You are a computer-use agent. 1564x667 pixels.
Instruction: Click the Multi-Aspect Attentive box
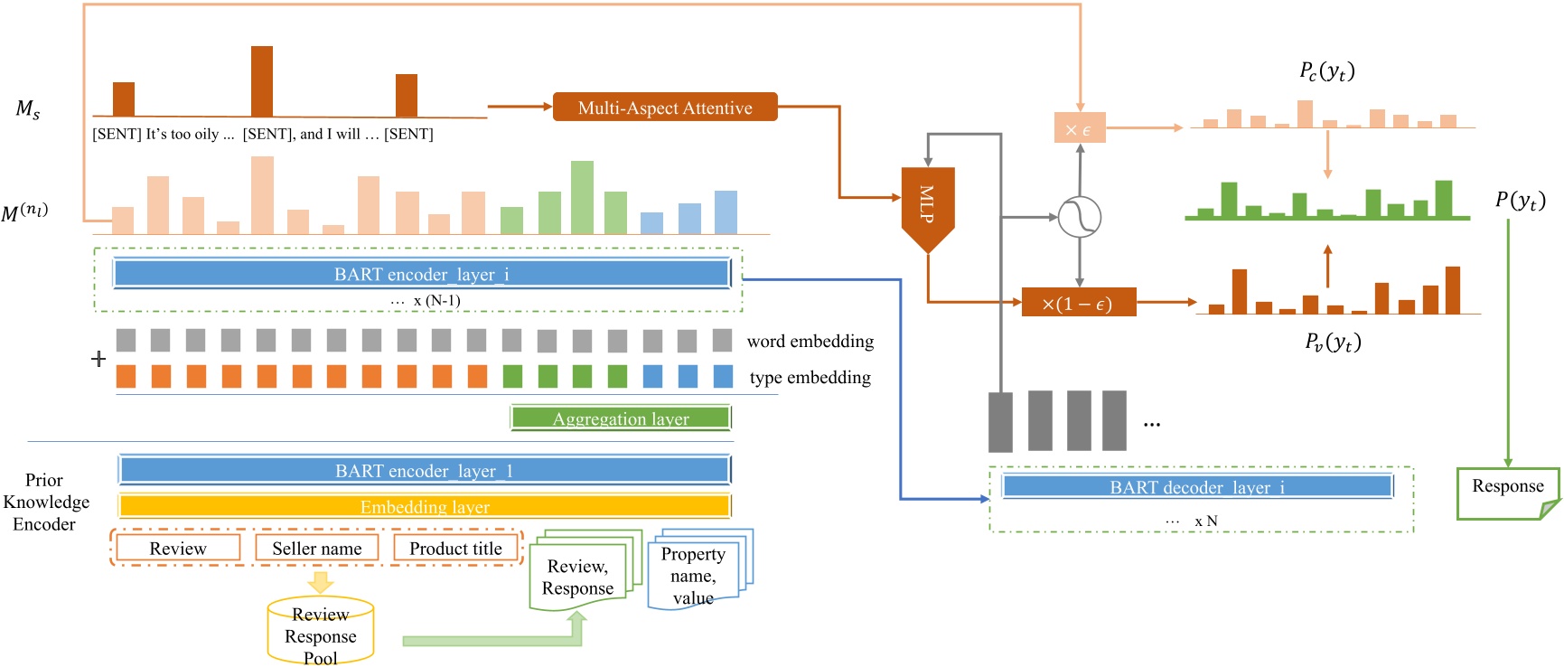point(664,108)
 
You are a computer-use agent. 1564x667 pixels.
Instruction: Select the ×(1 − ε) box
point(1078,303)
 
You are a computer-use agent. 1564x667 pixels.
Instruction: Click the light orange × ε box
point(1079,128)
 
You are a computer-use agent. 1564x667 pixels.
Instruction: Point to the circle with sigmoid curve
point(1079,217)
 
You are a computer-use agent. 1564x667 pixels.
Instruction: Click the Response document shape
point(1507,491)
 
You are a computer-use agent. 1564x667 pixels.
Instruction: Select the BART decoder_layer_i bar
point(1196,487)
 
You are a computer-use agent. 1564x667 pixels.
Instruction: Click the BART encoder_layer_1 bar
point(424,470)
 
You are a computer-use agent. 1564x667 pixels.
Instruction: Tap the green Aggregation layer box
point(620,418)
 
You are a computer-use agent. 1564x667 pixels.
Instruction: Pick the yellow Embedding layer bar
point(424,506)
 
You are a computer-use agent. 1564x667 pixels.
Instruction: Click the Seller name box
point(316,549)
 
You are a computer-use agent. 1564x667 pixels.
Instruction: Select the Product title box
point(455,549)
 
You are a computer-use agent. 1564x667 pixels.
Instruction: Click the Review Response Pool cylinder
point(321,632)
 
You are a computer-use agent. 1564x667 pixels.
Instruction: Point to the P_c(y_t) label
point(1326,71)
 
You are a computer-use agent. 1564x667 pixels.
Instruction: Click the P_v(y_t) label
point(1332,342)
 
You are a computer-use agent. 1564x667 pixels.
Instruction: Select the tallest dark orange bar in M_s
point(262,81)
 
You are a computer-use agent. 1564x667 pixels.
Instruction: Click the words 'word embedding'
point(810,342)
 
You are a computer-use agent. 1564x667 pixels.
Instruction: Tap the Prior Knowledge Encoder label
point(45,502)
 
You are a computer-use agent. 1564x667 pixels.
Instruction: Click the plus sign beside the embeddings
point(98,359)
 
